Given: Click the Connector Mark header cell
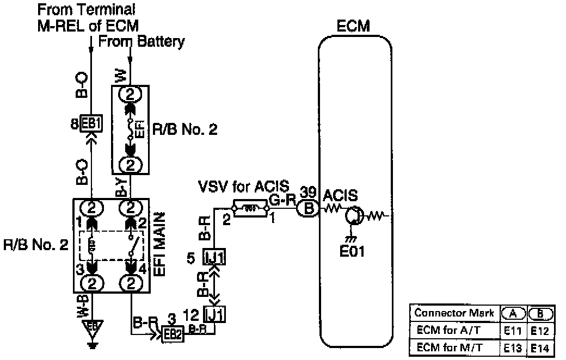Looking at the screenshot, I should (454, 313).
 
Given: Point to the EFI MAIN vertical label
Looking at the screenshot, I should (161, 245).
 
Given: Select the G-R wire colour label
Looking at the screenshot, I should (282, 200).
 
